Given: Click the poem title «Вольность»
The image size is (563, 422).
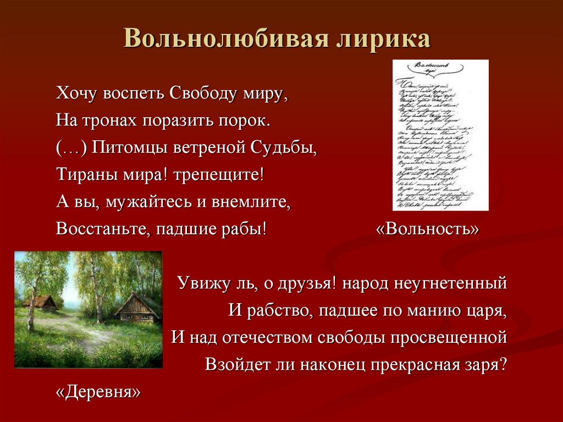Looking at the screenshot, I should (428, 228).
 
